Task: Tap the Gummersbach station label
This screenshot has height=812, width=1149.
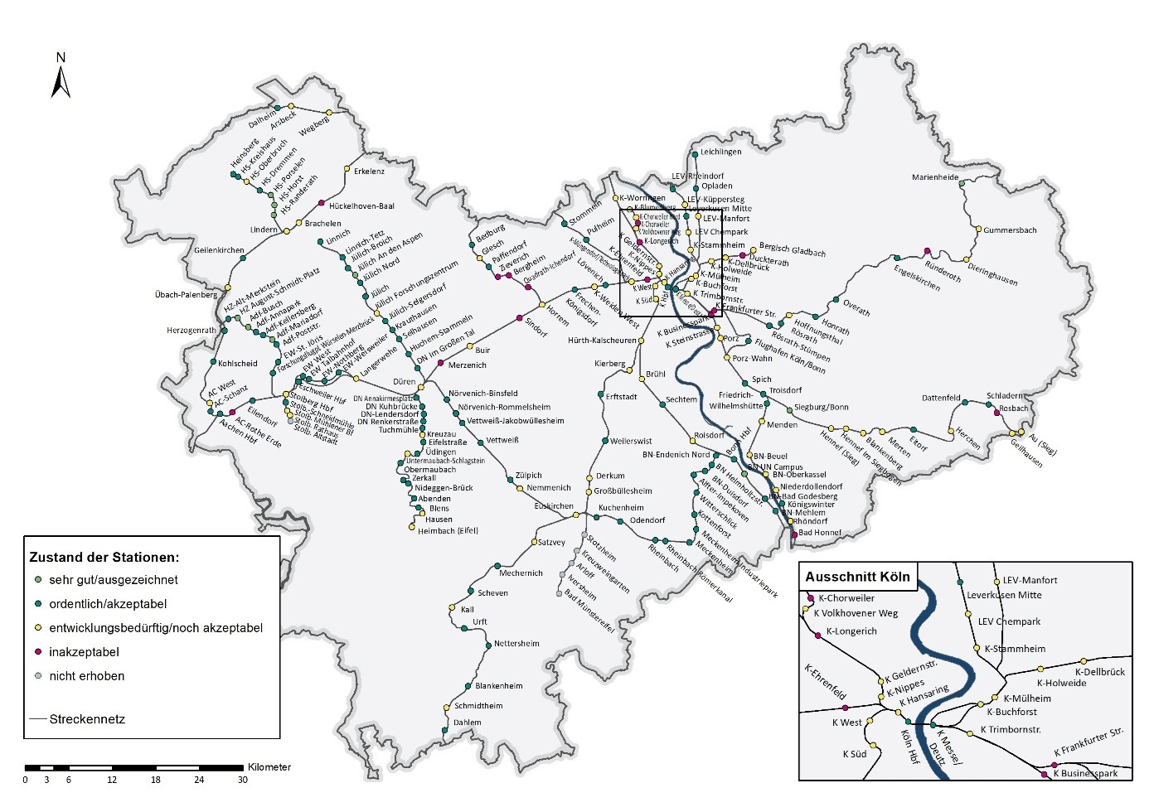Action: tap(1010, 230)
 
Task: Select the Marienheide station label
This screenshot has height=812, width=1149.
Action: tap(935, 177)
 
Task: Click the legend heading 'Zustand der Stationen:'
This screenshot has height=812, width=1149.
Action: tap(104, 557)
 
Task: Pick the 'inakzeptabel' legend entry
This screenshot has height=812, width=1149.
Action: tap(84, 652)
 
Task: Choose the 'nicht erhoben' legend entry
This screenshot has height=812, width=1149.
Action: tap(86, 676)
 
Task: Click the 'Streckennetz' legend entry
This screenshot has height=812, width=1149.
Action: tap(87, 719)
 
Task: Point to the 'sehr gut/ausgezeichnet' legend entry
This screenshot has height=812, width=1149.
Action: tap(113, 580)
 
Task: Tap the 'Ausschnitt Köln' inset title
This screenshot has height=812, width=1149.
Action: tap(857, 577)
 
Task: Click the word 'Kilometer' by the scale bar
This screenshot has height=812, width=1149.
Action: tap(269, 767)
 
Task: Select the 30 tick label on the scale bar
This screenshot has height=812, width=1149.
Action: tap(242, 780)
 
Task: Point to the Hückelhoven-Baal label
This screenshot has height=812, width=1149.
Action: tap(361, 206)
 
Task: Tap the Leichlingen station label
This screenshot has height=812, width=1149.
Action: tap(720, 152)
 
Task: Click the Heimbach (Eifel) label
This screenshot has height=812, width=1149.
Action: tap(448, 531)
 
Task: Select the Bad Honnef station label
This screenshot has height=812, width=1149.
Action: tap(819, 533)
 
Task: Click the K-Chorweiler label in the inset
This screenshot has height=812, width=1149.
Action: tap(846, 598)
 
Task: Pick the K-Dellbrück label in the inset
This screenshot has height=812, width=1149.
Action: tap(1099, 672)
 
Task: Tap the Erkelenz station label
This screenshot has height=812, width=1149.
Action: tap(369, 172)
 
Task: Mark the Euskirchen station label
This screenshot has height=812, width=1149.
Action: tap(553, 506)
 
